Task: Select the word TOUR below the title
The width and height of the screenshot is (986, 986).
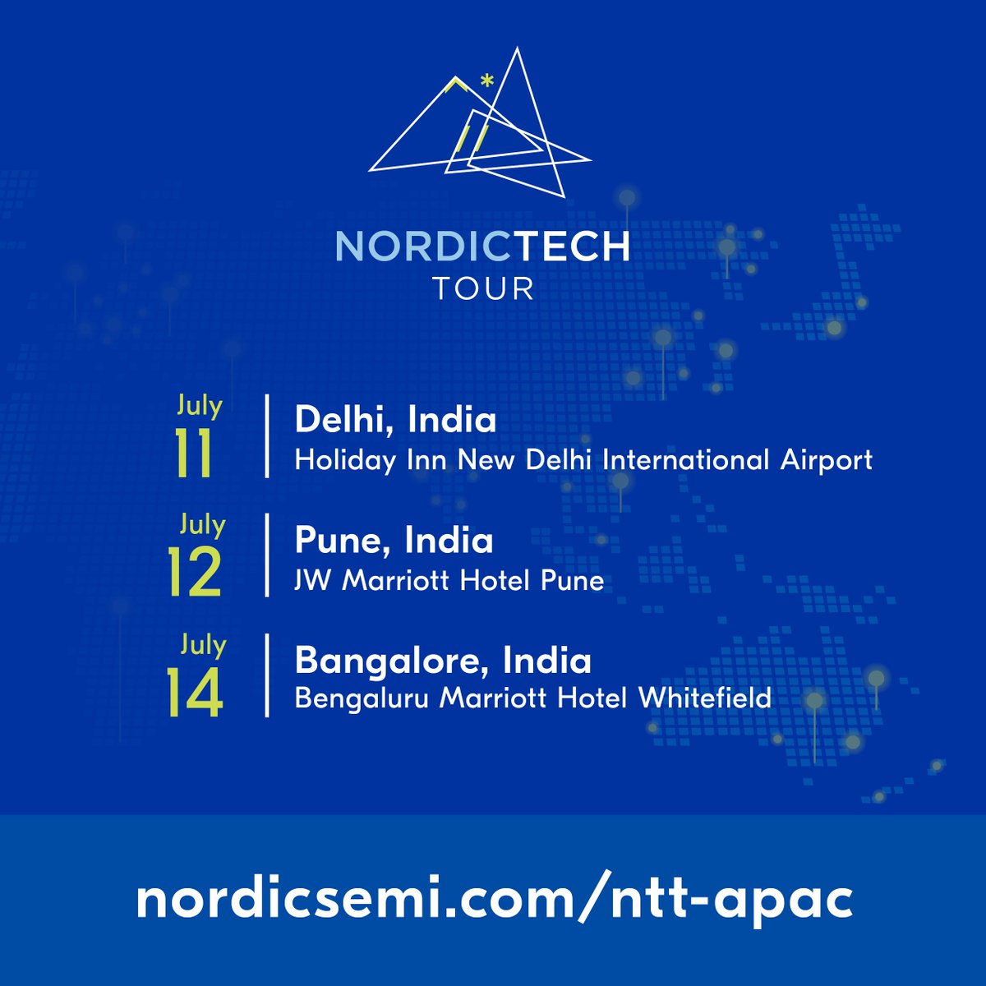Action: point(483,289)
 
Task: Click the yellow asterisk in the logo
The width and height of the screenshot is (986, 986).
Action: point(487,82)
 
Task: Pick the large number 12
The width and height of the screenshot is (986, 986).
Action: point(194,574)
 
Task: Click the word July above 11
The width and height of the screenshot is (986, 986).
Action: point(200,406)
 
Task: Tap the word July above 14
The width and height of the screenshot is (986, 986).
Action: point(202,644)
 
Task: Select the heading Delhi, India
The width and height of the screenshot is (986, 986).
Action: point(395,421)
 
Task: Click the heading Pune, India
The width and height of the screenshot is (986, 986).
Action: point(394,541)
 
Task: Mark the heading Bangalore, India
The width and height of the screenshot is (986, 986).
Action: point(443,661)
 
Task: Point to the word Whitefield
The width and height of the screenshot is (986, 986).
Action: point(705,698)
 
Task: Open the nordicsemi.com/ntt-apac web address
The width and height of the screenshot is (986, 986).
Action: point(494,901)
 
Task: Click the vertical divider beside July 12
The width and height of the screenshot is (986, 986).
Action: point(267,555)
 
